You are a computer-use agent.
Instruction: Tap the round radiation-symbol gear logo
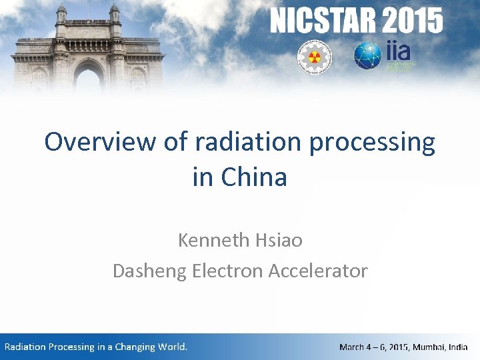pyautogui.click(x=310, y=57)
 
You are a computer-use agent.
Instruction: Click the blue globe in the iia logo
pyautogui.click(x=367, y=56)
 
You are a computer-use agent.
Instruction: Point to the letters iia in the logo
pyautogui.click(x=398, y=51)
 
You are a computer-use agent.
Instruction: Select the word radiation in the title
pyautogui.click(x=226, y=142)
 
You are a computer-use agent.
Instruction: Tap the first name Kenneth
pyautogui.click(x=213, y=240)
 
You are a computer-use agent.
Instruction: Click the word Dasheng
pyautogui.click(x=150, y=271)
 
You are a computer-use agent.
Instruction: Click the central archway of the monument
pyautogui.click(x=87, y=77)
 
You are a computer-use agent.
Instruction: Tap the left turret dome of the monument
pyautogui.click(x=61, y=9)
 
